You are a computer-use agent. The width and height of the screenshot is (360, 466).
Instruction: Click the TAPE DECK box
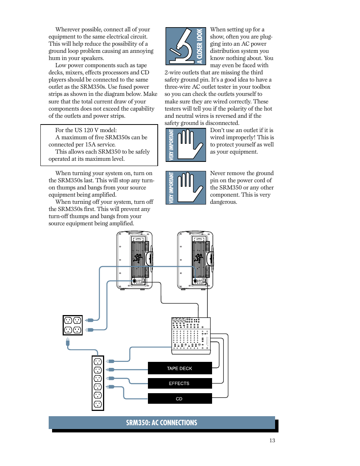point(180,368)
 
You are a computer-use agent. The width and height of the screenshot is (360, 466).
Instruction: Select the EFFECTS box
point(180,383)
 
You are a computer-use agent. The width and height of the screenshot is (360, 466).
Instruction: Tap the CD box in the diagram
point(180,398)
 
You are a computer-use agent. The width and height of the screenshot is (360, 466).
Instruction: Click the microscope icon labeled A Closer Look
point(185,46)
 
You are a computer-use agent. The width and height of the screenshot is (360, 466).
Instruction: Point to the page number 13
point(272,440)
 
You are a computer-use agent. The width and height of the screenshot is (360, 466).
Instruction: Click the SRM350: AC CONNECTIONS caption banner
point(162,423)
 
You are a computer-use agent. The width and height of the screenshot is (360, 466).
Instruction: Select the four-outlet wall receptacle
point(72,325)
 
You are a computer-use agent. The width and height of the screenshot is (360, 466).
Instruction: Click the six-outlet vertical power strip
point(98,383)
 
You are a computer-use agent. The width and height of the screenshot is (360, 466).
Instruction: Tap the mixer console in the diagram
point(191,335)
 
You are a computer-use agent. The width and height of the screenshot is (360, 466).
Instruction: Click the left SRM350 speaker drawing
point(135,260)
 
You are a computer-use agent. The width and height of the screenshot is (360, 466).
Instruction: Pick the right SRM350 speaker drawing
point(195,260)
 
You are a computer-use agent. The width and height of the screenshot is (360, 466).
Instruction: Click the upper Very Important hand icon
point(186,145)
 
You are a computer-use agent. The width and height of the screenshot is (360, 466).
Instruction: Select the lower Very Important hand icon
point(186,188)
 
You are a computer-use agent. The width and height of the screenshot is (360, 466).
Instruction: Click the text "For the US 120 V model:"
point(86,130)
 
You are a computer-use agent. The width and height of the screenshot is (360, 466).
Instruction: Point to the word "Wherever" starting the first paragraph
point(68,29)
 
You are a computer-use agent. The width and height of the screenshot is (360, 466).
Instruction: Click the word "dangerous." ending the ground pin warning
point(224,202)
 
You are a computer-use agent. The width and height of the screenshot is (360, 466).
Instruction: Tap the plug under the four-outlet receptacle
point(68,343)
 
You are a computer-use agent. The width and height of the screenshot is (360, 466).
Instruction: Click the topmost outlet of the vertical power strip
point(98,361)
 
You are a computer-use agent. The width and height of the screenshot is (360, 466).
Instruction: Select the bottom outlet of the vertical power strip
point(98,404)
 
